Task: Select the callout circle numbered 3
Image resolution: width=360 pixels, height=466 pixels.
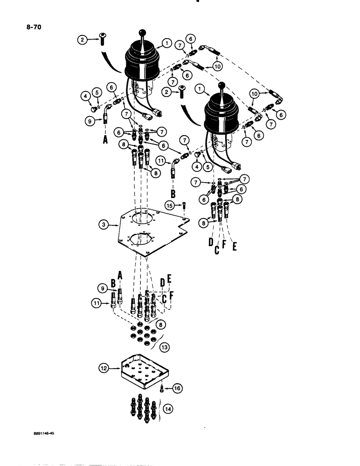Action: point(106,225)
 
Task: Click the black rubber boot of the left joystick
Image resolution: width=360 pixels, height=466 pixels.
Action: point(143,65)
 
